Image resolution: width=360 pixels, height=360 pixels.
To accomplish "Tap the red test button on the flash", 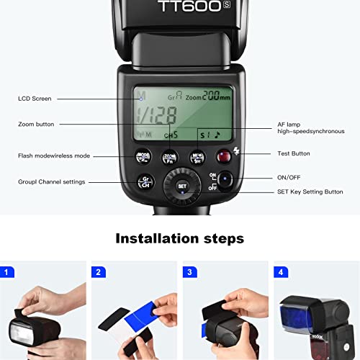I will point(223,155).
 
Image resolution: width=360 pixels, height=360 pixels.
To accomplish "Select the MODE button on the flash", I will point(143,156).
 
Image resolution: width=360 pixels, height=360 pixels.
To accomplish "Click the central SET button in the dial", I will point(182,186).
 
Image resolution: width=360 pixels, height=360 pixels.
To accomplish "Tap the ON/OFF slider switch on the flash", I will point(225,180).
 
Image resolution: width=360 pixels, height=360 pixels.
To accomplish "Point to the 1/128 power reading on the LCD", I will point(156,115).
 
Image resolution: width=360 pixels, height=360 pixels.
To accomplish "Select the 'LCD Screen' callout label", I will point(35,99).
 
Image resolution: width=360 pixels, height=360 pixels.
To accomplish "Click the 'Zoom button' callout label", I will point(36,124).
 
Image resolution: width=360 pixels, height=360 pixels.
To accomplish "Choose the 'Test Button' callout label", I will point(294,153).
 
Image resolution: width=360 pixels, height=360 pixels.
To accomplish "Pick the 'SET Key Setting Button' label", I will point(310,192).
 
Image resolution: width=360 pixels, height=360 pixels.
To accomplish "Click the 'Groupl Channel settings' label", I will point(51,182).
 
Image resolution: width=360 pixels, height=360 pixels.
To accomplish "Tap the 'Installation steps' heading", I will point(180,238).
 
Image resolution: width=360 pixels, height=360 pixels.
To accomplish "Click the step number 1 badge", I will point(8,272).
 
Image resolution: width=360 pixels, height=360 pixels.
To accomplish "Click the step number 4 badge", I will point(281,272).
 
